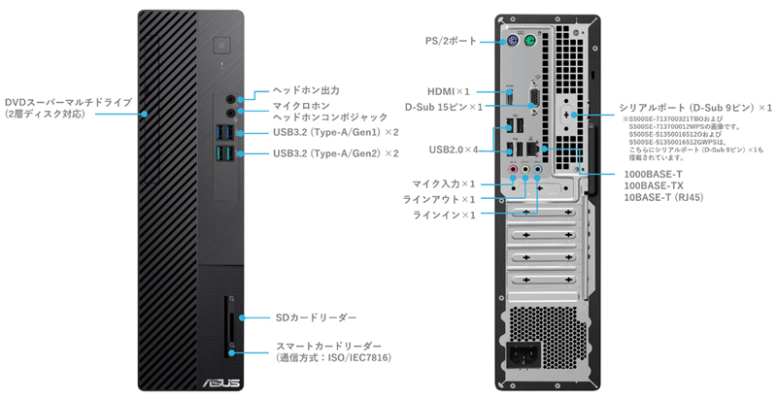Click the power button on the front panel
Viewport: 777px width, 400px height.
tap(223, 44)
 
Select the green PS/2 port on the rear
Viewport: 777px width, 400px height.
tap(530, 42)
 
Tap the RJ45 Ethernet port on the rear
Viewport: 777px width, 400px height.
tap(543, 148)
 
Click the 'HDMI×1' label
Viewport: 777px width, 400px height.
tap(455, 89)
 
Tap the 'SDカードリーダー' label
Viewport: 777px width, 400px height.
tap(318, 317)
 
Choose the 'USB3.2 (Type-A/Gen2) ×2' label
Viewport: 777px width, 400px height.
tap(336, 152)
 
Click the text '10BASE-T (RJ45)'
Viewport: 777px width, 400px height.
tap(663, 197)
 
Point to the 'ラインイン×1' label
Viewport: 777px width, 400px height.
tap(445, 214)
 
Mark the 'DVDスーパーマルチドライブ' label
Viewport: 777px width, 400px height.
tap(68, 101)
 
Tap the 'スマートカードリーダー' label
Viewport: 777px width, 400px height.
tap(326, 346)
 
